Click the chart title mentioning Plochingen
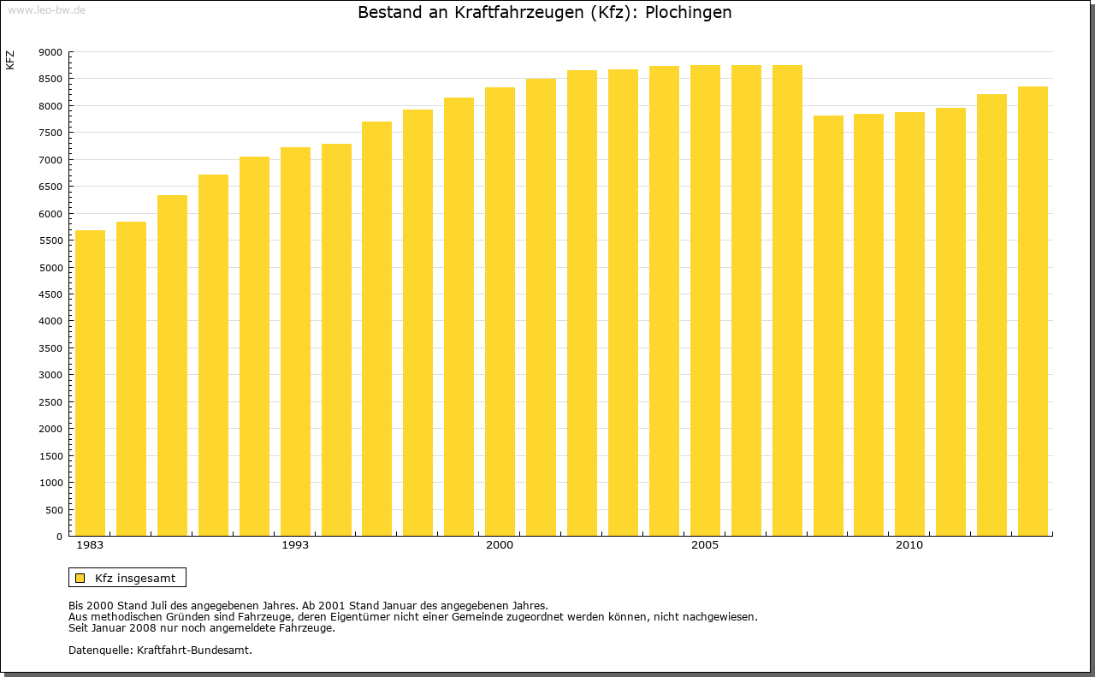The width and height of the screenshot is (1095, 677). click(544, 13)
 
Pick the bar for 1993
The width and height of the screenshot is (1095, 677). click(295, 341)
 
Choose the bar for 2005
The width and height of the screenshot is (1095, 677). click(705, 300)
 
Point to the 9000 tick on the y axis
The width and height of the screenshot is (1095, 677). click(50, 52)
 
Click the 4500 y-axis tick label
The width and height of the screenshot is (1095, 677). click(50, 294)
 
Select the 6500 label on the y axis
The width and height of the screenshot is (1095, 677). click(50, 187)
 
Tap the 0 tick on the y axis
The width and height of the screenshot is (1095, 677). click(58, 537)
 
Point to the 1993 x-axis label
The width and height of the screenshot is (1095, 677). click(295, 545)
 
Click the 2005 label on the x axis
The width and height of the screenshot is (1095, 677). click(705, 545)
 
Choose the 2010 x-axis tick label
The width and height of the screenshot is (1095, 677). click(909, 545)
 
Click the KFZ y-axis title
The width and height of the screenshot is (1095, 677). click(10, 60)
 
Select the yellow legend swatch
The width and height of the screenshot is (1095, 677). click(80, 578)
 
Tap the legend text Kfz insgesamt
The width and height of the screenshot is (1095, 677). click(135, 578)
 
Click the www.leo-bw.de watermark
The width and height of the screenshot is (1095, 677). click(45, 9)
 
